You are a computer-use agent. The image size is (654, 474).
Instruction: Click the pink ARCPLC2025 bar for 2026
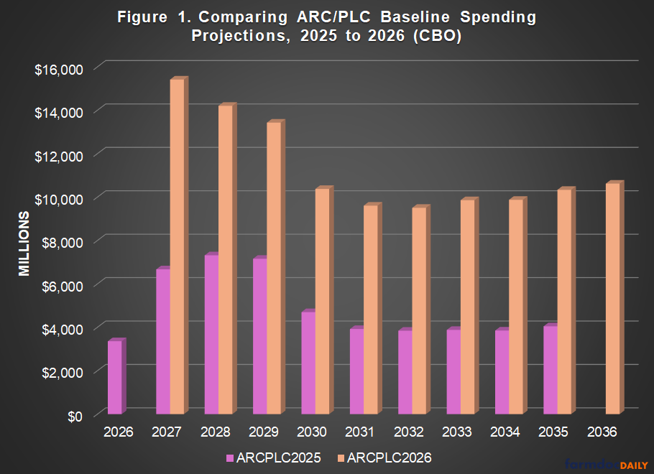point(115,378)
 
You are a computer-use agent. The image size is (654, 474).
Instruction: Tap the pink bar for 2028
point(211,335)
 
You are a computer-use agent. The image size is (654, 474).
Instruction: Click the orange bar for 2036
point(613,299)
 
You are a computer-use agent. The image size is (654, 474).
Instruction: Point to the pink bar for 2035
point(550,371)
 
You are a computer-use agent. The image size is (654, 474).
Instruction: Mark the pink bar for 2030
point(308,363)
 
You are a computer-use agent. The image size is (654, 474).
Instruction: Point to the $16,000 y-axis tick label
point(60,69)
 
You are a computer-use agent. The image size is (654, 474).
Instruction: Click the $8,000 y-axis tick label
point(63,242)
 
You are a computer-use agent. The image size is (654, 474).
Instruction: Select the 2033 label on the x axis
point(456,432)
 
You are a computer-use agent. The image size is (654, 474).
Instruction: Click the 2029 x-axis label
point(263,432)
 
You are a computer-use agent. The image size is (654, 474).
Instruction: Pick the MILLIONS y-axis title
point(24,244)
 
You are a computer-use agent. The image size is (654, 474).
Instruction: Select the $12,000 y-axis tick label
point(60,155)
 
